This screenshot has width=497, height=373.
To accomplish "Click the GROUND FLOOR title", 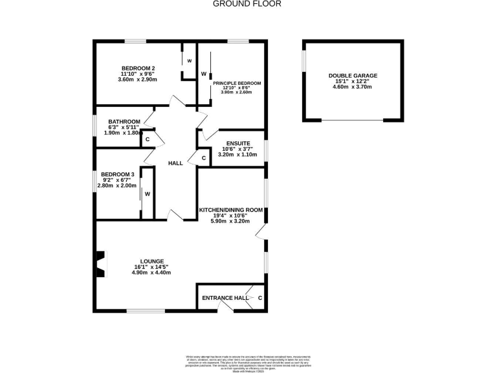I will (x=248, y=4).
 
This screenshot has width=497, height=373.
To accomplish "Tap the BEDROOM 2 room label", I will (x=138, y=68).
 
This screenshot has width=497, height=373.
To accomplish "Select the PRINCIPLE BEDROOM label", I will (x=237, y=83).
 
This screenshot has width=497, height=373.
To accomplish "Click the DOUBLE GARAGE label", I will (x=353, y=75).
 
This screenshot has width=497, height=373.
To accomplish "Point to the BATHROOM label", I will (x=124, y=122).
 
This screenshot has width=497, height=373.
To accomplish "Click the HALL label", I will (x=175, y=164).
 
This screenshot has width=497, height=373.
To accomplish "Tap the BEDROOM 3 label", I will (x=117, y=174).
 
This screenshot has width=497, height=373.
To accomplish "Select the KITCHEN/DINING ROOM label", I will (x=230, y=210).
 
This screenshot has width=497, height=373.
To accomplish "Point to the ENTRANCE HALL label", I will (x=221, y=298).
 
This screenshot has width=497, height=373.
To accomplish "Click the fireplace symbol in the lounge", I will (x=100, y=264).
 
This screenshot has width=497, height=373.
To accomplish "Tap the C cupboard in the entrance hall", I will (x=260, y=298).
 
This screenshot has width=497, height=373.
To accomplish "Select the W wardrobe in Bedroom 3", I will (x=147, y=194).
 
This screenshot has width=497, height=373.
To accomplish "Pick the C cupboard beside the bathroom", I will (x=148, y=139).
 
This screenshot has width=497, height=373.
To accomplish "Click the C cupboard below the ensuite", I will (x=203, y=158).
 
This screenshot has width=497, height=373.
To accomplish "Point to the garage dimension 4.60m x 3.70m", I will (x=353, y=87).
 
